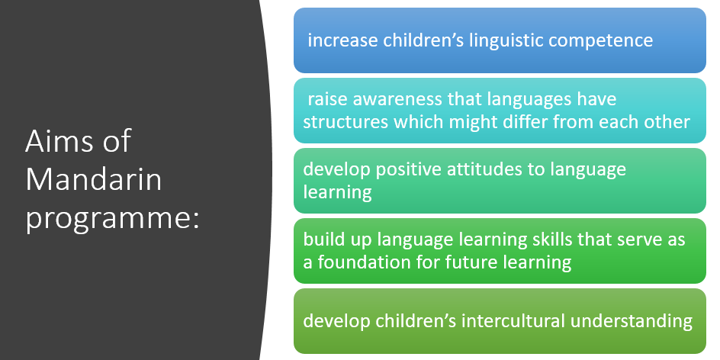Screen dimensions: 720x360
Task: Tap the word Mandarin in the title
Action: [94, 180]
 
